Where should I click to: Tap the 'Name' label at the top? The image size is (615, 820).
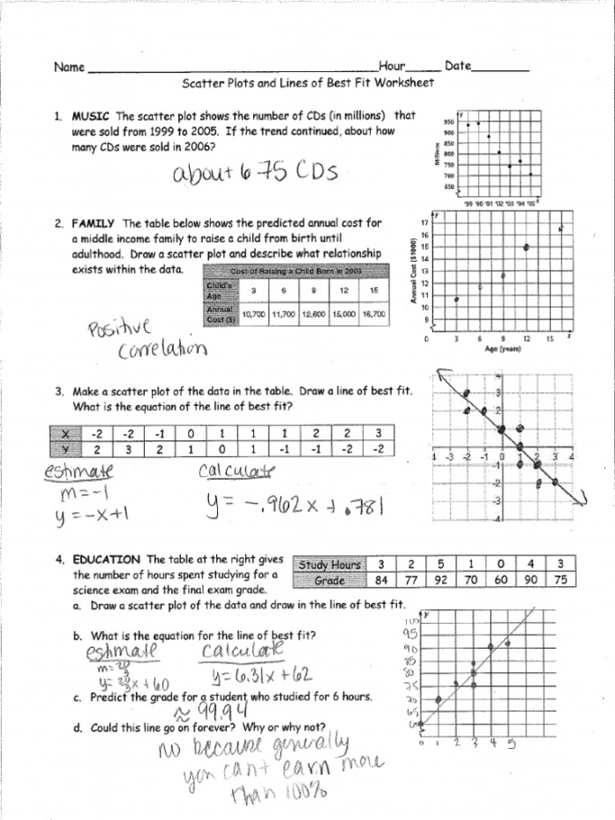(69, 67)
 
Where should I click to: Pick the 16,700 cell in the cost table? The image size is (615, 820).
(373, 314)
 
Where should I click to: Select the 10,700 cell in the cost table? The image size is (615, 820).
(254, 314)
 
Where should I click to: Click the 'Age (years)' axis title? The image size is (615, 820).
(503, 349)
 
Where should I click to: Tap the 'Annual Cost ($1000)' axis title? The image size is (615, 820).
(412, 272)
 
